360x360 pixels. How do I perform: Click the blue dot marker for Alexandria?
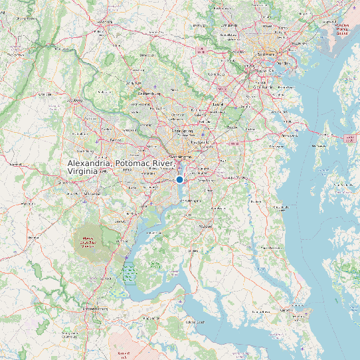tap(179, 179)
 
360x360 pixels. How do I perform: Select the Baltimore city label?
tap(266, 55)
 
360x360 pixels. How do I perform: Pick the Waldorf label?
tap(205, 226)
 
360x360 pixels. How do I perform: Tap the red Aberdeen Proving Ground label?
tap(341, 28)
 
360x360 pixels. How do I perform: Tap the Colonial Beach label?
tap(195, 322)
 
